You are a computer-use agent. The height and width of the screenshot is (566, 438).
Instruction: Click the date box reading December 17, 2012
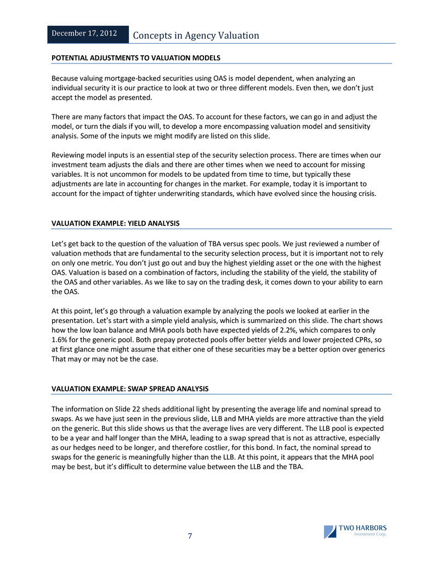(x=84, y=33)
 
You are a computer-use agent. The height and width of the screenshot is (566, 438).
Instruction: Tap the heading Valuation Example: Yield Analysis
(x=115, y=223)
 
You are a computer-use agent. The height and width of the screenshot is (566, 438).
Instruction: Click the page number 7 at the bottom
(x=190, y=536)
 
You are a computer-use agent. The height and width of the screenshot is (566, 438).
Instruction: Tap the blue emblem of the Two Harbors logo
(x=330, y=532)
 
